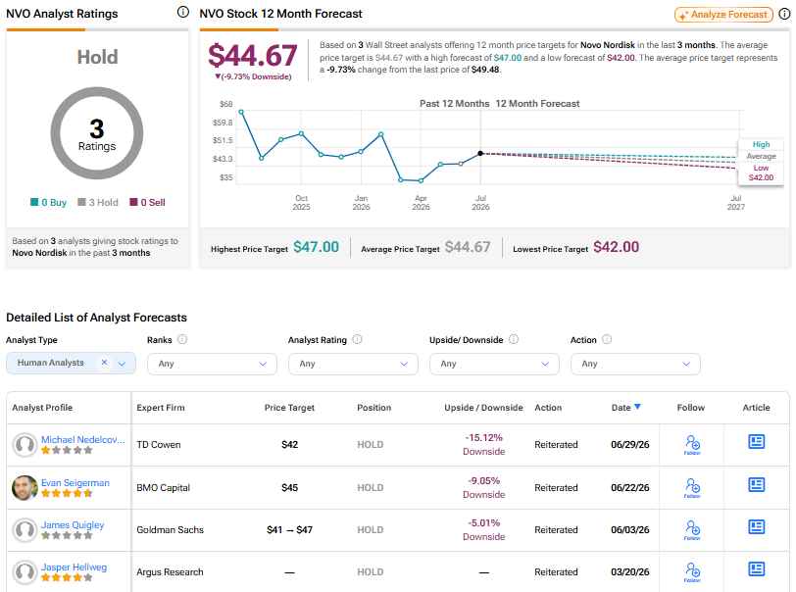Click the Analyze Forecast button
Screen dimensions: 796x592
click(x=723, y=15)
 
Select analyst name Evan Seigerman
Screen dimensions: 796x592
click(x=75, y=483)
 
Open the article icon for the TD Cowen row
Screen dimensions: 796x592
click(x=756, y=442)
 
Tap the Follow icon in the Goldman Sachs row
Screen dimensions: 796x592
click(x=692, y=529)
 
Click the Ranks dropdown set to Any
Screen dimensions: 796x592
click(x=212, y=364)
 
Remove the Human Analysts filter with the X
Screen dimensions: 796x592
click(x=104, y=363)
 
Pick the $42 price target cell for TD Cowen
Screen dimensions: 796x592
click(x=289, y=445)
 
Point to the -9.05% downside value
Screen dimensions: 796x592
click(x=484, y=481)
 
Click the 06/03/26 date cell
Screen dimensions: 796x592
click(x=630, y=530)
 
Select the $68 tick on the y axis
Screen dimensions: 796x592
click(x=225, y=104)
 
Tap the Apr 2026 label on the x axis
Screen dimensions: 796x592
click(x=421, y=203)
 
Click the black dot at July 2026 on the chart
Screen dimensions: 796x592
click(x=480, y=153)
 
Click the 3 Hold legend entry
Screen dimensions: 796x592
click(x=98, y=203)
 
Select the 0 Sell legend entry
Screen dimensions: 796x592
click(x=147, y=203)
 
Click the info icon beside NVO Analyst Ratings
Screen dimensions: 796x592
click(x=183, y=12)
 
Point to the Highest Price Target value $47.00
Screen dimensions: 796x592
click(x=317, y=247)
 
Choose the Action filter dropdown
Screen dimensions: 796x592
click(x=635, y=364)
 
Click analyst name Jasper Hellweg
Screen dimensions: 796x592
click(x=75, y=567)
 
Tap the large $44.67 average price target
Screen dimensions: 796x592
click(x=253, y=55)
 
